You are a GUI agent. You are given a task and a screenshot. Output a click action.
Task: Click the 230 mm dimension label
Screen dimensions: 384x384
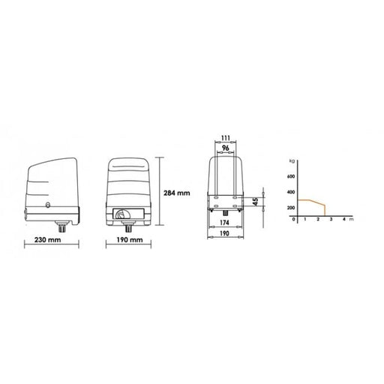click(47, 240)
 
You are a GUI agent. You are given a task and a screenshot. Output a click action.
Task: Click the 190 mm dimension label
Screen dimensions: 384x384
click(130, 240)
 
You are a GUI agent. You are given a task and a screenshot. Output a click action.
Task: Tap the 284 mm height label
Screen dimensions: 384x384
click(177, 193)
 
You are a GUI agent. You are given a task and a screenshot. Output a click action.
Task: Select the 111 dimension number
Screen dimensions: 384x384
click(226, 138)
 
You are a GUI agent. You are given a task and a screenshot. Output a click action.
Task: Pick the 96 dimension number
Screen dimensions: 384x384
click(226, 148)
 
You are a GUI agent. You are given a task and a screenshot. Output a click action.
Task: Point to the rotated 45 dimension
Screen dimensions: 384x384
click(255, 202)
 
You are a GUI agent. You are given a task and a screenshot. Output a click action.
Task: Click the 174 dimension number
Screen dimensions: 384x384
click(224, 222)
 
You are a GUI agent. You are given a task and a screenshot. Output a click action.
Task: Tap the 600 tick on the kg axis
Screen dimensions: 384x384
click(291, 176)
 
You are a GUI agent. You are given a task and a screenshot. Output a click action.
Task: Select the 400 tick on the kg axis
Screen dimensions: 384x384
click(291, 192)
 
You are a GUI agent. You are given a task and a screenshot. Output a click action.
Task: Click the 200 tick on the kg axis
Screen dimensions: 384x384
click(291, 208)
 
